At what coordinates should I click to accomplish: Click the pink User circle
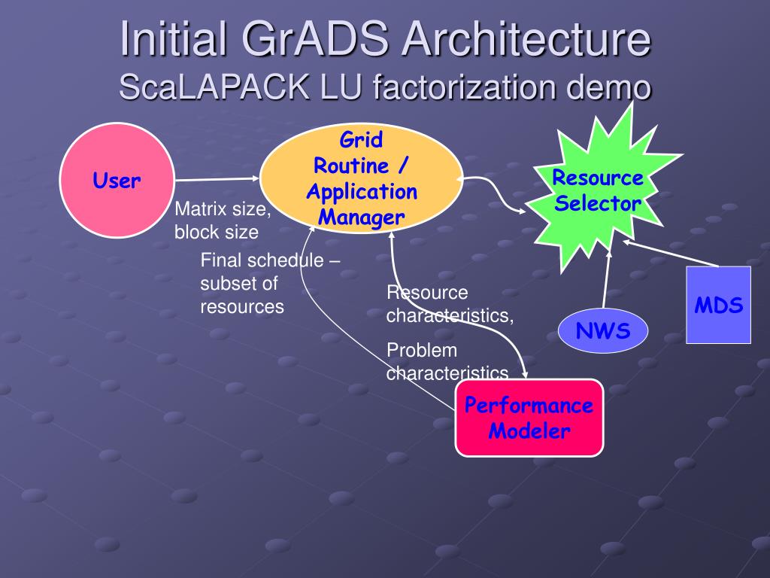117,181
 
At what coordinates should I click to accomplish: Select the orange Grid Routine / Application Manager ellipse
361,179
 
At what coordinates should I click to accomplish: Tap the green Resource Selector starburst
597,191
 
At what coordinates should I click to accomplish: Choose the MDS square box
718,306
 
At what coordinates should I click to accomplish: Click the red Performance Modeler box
529,418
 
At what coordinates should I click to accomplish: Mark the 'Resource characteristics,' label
450,304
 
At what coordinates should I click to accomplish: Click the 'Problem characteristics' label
447,362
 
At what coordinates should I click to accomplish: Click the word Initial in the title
171,40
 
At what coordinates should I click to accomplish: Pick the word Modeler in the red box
529,431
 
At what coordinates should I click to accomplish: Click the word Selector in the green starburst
599,202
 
